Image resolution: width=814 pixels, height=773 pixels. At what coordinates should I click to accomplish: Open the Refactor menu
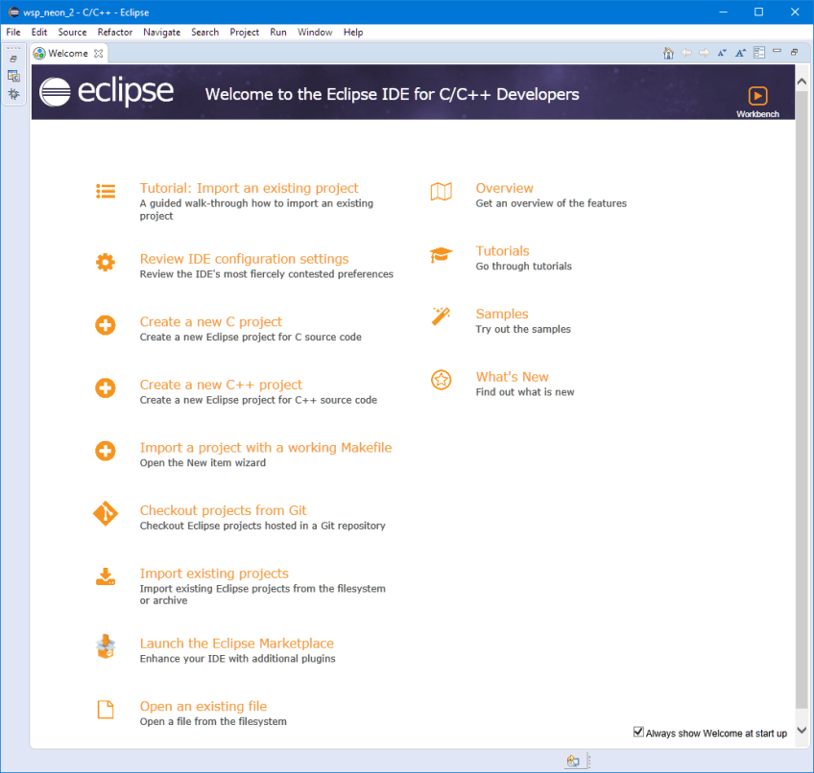coord(115,33)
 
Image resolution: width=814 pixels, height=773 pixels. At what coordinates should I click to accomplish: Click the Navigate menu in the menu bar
coord(161,33)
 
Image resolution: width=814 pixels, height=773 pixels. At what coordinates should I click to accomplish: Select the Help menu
coord(353,33)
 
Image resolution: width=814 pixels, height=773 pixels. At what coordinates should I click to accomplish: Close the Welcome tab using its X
coord(99,54)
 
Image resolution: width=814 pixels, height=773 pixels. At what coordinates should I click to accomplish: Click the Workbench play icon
coord(757,96)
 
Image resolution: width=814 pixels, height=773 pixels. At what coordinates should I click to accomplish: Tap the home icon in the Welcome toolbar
coord(668,53)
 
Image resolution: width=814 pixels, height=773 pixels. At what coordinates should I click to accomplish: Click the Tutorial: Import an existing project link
coord(249,188)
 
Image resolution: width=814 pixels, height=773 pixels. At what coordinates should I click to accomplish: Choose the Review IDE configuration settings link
coord(244,259)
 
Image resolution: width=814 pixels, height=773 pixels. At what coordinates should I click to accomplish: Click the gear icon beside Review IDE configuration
coord(106,262)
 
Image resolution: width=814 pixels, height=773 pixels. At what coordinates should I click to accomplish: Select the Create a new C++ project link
coord(221,385)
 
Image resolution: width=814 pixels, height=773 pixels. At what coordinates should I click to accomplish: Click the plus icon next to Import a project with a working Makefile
coord(106,451)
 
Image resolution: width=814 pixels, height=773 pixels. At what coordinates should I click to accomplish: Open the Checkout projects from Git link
coord(223,510)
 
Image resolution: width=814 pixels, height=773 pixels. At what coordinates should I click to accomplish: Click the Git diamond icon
coord(106,514)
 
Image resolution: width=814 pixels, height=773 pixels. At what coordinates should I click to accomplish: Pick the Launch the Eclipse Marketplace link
coord(236,644)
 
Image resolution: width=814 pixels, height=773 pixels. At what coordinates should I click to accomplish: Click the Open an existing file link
coord(203,706)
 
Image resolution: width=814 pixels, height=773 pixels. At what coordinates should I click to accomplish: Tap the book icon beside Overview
coord(442,192)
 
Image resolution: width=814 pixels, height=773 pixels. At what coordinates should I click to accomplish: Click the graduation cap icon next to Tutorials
coord(442,255)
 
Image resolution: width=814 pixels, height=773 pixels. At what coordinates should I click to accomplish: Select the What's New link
coord(512,377)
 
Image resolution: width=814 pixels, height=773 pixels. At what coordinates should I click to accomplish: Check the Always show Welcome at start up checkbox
coord(638,732)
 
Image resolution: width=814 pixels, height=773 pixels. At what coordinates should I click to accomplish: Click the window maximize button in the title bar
coord(758,12)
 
